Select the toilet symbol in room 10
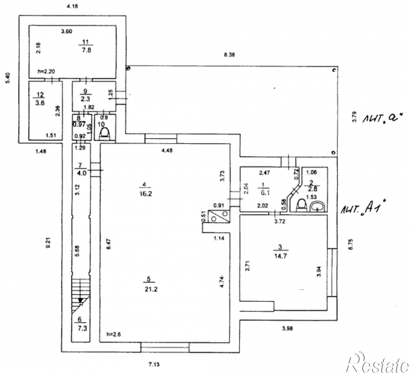pyautogui.click(x=105, y=133)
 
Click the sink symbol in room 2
pyautogui.click(x=317, y=206)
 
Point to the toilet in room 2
pyautogui.click(x=301, y=205)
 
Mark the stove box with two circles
pyautogui.click(x=218, y=216)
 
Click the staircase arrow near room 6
pyautogui.click(x=80, y=300)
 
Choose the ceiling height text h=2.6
pyautogui.click(x=114, y=335)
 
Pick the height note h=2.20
pyautogui.click(x=46, y=71)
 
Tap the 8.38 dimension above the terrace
pyautogui.click(x=230, y=55)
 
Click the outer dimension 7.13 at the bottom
pyautogui.click(x=154, y=365)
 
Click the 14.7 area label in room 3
pyautogui.click(x=280, y=256)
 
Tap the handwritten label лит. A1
pyautogui.click(x=364, y=207)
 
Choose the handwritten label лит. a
pyautogui.click(x=382, y=118)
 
